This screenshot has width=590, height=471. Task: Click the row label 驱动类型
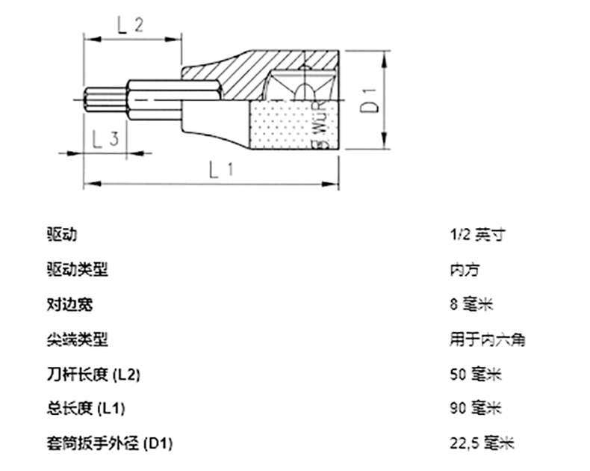tap(77, 269)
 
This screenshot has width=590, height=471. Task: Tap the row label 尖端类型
tap(77, 339)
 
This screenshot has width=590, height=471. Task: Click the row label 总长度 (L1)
tap(85, 408)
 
